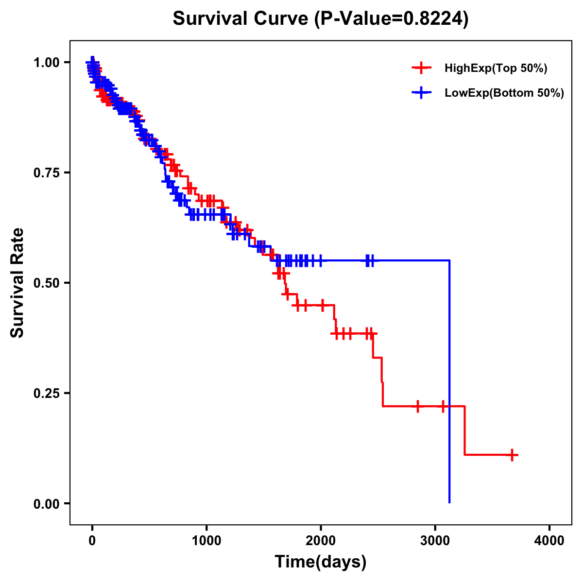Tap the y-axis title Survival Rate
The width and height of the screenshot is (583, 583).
17,282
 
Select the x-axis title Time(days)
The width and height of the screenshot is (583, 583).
321,562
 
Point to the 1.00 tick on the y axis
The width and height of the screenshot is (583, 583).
47,62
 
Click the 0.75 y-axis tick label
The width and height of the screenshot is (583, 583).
47,172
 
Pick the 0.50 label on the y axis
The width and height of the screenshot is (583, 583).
47,283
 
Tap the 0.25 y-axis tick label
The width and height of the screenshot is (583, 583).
47,393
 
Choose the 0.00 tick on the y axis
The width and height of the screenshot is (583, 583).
47,503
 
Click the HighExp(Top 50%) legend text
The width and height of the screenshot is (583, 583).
496,68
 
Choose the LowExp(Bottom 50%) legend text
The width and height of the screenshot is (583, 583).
504,93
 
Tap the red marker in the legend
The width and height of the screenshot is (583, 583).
421,68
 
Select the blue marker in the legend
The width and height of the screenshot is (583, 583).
421,93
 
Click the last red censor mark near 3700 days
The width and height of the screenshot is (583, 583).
512,455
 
